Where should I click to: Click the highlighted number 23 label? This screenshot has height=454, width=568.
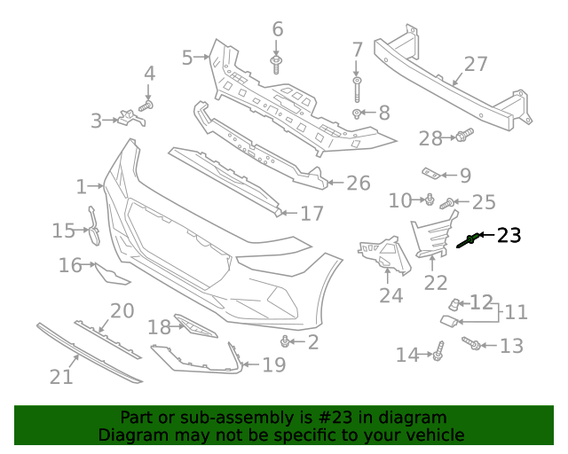click(x=509, y=235)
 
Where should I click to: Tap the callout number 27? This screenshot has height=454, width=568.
click(x=477, y=64)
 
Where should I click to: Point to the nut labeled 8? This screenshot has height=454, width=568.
click(x=357, y=113)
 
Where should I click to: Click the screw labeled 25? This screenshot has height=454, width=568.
click(x=448, y=203)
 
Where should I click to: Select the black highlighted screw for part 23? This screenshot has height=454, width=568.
click(x=469, y=239)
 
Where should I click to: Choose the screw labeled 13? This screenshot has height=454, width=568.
click(x=472, y=343)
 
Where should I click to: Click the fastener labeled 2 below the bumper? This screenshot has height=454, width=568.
click(x=285, y=341)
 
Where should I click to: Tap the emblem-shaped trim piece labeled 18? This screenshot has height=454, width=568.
click(x=195, y=325)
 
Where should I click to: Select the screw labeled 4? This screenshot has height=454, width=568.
click(x=147, y=105)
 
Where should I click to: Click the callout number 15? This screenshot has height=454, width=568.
click(x=63, y=231)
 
